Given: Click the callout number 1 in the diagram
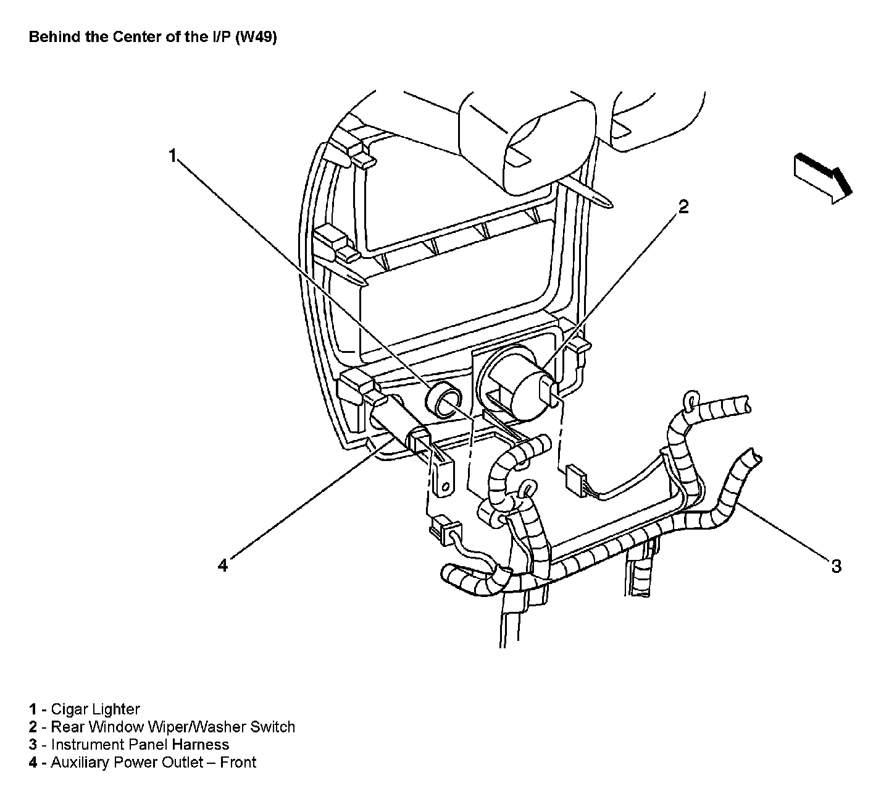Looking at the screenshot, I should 173,155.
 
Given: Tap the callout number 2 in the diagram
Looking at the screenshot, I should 683,207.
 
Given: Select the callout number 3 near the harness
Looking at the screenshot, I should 836,566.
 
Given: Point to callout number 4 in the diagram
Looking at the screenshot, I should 222,565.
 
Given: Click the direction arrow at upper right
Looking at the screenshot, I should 823,177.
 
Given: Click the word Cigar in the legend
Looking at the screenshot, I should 69,709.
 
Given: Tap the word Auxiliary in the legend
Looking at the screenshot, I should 80,763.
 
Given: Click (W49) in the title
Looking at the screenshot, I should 256,37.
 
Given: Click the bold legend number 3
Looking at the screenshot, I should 33,745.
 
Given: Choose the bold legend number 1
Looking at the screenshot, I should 33,709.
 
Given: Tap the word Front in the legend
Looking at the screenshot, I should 238,763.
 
